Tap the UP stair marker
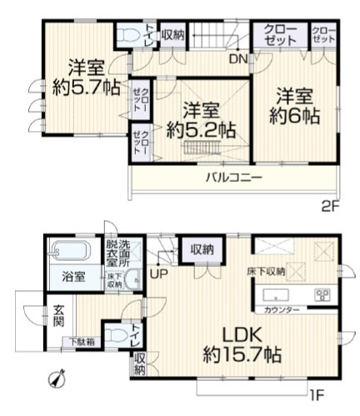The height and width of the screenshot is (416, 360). (x=157, y=272)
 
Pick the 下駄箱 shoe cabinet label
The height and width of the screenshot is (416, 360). (x=81, y=341)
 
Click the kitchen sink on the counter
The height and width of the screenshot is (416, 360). (x=276, y=294)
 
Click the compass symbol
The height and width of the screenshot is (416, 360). (x=57, y=378)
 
